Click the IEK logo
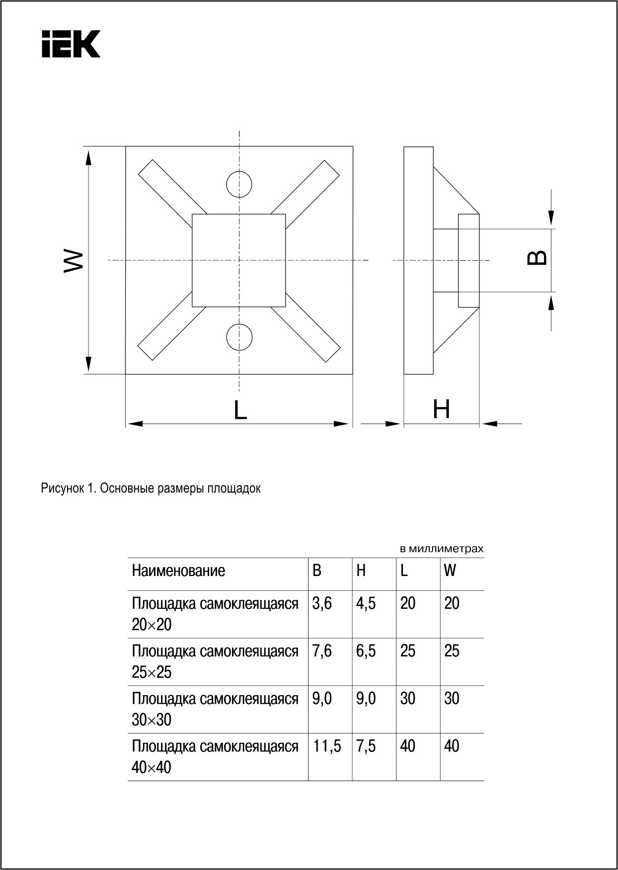tap(71, 44)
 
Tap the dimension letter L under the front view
tap(240, 410)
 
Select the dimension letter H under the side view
tap(441, 410)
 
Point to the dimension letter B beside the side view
tap(537, 257)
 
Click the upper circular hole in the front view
tap(239, 185)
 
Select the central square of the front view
tap(239, 260)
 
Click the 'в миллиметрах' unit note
tap(441, 549)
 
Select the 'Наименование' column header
tap(178, 571)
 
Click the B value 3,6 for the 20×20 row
tap(322, 603)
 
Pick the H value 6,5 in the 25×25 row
tap(366, 651)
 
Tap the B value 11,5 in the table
tap(327, 746)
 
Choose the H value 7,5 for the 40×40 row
tap(366, 746)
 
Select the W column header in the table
tap(450, 571)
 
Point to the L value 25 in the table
tap(407, 651)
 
